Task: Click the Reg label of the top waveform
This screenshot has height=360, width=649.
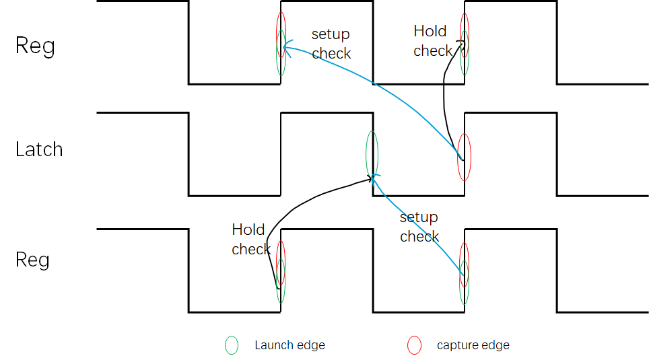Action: click(x=35, y=46)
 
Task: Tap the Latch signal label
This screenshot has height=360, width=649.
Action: click(x=39, y=149)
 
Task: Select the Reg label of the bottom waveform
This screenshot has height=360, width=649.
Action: click(x=32, y=260)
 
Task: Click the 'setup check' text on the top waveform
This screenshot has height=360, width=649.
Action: click(x=331, y=44)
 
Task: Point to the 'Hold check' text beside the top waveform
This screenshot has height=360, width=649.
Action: click(x=432, y=41)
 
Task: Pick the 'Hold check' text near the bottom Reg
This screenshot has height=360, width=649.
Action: click(x=250, y=240)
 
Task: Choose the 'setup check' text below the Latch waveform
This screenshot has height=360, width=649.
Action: click(x=419, y=227)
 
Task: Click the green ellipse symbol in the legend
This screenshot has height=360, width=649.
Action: click(x=232, y=345)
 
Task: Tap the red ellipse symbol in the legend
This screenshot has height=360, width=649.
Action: click(x=414, y=345)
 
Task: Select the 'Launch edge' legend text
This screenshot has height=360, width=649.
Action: click(x=289, y=345)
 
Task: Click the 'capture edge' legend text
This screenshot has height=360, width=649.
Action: click(x=473, y=345)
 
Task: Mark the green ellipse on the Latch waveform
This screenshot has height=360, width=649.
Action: click(x=372, y=153)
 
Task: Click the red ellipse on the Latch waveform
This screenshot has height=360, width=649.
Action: click(x=464, y=157)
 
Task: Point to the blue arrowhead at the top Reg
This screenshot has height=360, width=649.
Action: click(x=287, y=46)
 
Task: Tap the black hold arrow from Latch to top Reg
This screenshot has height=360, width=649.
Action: click(x=444, y=101)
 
